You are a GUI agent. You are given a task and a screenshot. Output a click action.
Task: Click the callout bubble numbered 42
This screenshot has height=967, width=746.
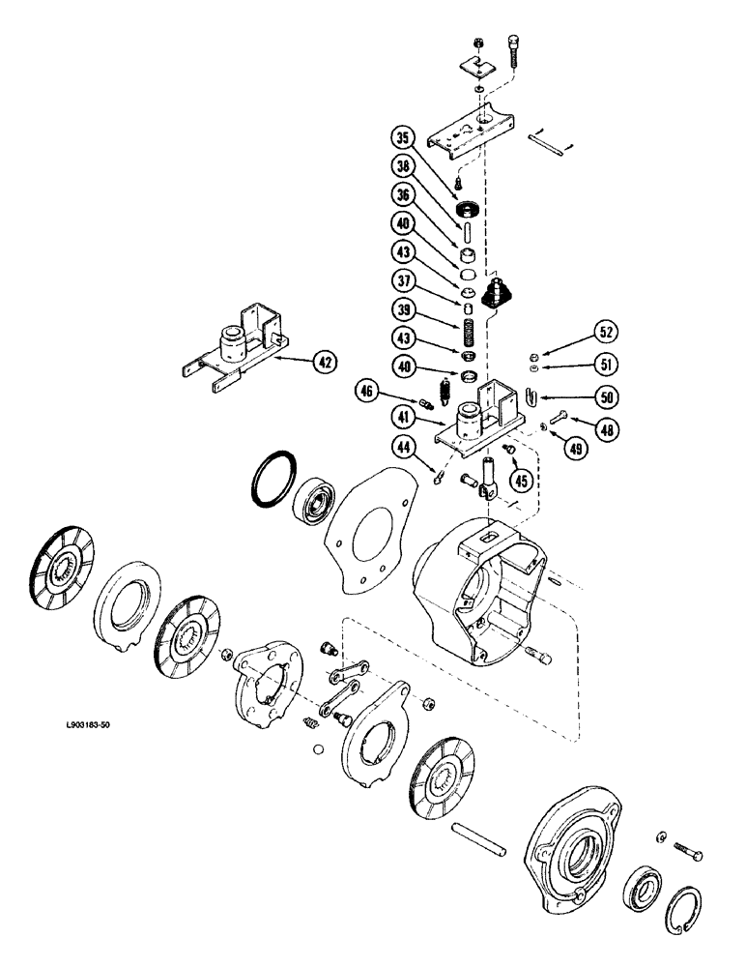(326, 364)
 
